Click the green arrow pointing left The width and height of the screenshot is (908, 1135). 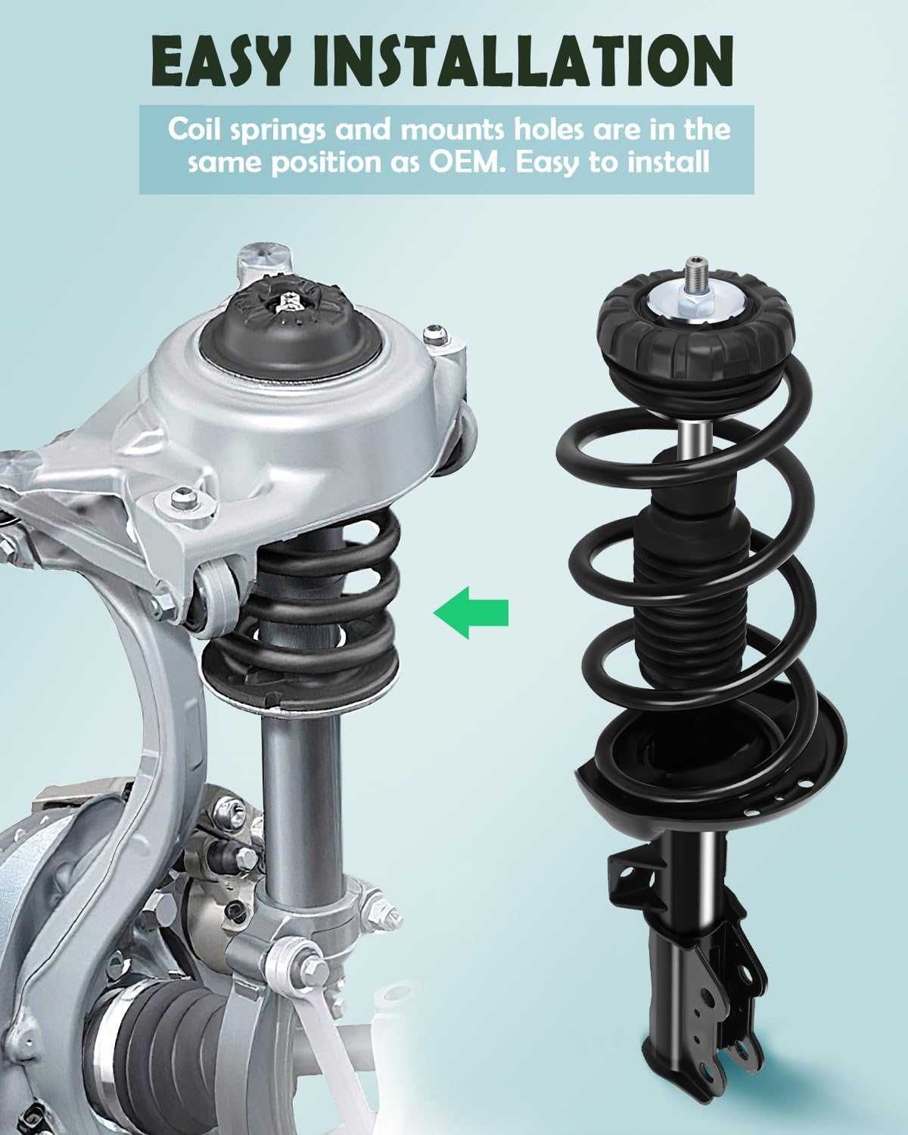pos(471,611)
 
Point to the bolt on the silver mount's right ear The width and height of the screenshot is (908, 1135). pos(434,331)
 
